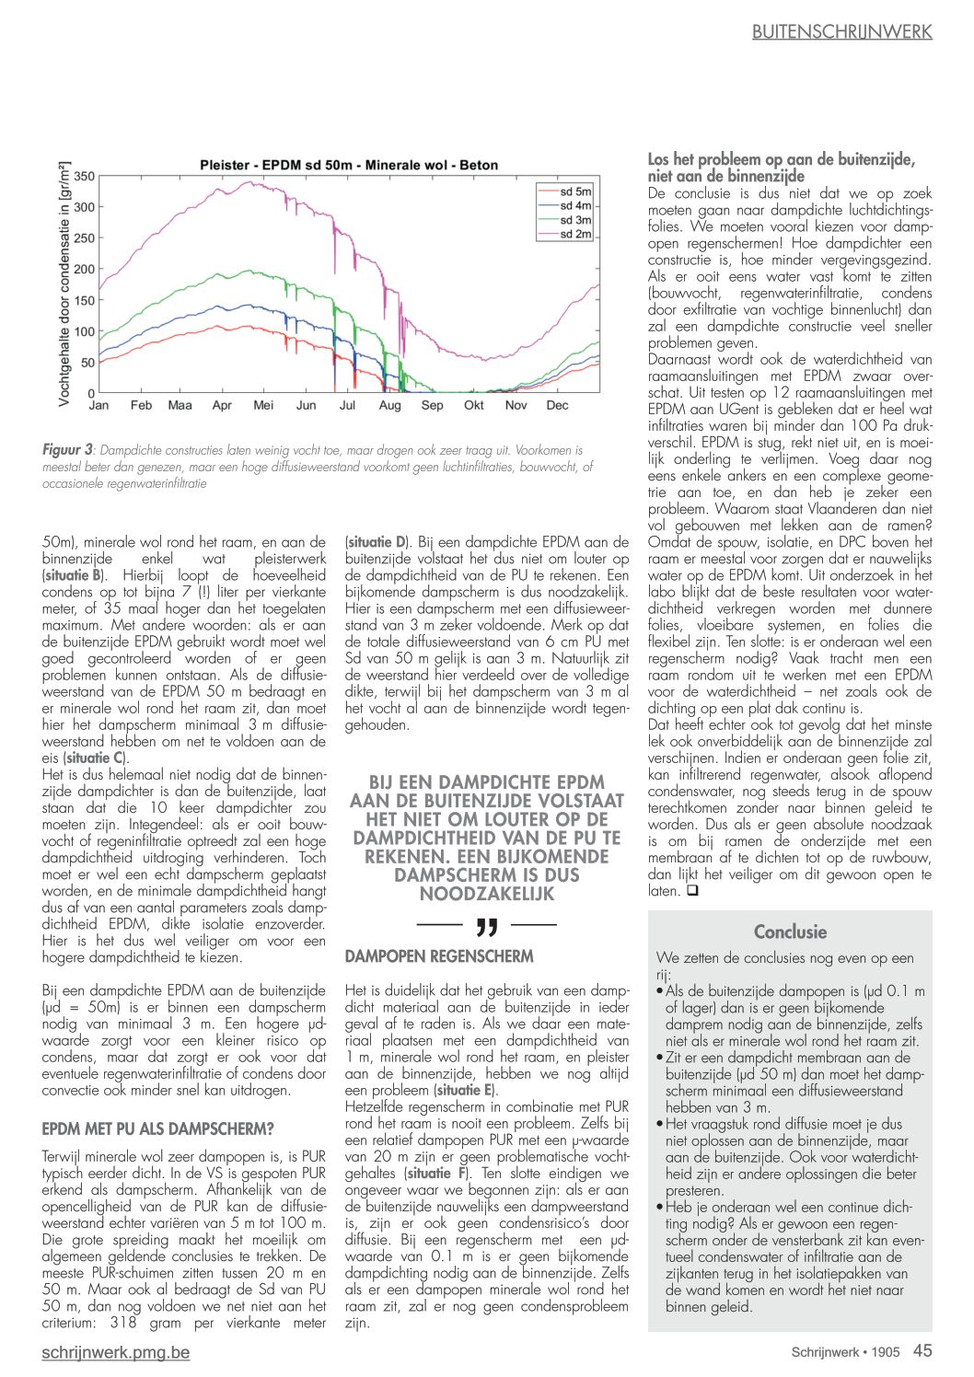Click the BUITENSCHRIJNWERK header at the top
[x=841, y=32]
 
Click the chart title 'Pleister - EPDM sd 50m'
[x=349, y=166]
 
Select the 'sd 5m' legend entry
[x=575, y=191]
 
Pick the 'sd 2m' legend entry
[x=575, y=235]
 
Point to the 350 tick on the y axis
[x=84, y=176]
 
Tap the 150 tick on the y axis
[x=84, y=300]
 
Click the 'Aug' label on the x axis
[x=389, y=405]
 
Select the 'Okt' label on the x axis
[x=474, y=405]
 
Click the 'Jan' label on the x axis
[x=99, y=405]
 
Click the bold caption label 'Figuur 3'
[x=67, y=450]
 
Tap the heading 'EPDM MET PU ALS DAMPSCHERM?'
[x=157, y=1128]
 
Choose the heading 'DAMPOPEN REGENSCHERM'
[x=439, y=956]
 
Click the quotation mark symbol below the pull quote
[x=487, y=925]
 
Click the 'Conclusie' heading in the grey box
[x=790, y=931]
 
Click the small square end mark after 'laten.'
[x=692, y=891]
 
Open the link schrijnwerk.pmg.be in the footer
[x=116, y=1352]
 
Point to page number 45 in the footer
[x=922, y=1350]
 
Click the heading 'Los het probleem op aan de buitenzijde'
[x=781, y=159]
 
